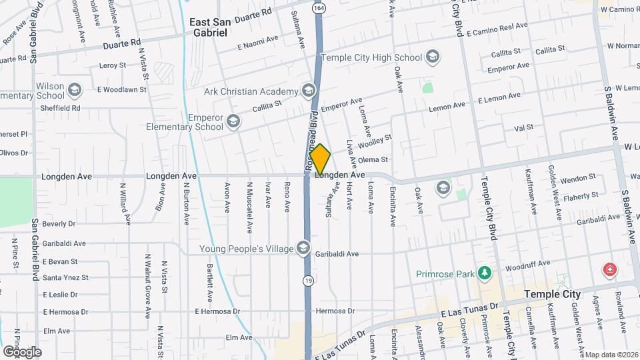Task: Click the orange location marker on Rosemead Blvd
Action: tap(320, 159)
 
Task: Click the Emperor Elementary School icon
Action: tap(233, 121)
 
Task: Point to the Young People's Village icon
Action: tap(303, 249)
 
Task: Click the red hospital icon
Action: tap(609, 270)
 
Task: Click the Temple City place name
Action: tap(553, 294)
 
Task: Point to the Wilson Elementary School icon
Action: tap(75, 89)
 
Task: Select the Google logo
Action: tap(22, 351)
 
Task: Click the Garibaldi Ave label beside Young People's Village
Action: tap(337, 254)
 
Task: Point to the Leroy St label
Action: tap(112, 65)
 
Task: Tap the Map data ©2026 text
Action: tap(611, 355)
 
